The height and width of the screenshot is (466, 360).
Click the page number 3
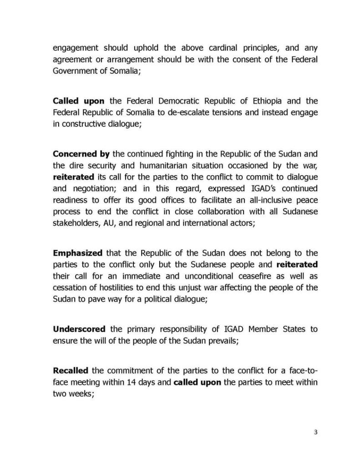point(315,432)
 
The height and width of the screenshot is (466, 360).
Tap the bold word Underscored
point(79,329)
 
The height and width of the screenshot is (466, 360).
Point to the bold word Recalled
point(71,370)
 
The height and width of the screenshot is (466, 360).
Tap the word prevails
point(222,340)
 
